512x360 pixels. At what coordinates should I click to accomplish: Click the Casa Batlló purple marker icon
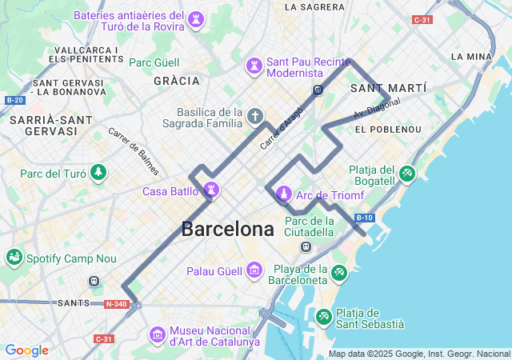(x=211, y=190)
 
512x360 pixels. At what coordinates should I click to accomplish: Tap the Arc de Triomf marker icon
(x=283, y=193)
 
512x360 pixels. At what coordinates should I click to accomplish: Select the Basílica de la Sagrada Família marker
(x=255, y=118)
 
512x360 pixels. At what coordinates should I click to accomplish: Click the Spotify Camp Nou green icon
(x=14, y=258)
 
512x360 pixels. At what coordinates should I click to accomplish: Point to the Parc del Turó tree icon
(x=98, y=173)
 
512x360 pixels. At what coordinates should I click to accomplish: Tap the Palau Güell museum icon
(x=254, y=271)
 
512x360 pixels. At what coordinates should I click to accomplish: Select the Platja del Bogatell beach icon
(x=406, y=173)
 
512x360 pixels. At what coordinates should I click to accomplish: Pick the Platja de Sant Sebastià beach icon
(x=324, y=318)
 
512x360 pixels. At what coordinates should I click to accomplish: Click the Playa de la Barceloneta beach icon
(x=340, y=274)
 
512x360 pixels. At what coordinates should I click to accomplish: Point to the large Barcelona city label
(x=227, y=229)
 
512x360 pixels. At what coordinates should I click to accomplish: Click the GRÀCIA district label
(x=176, y=81)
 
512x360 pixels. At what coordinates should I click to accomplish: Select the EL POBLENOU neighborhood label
(x=388, y=129)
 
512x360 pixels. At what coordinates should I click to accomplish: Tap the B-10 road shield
(x=364, y=218)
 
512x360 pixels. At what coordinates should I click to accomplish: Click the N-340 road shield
(x=115, y=304)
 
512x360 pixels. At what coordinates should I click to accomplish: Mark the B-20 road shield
(x=14, y=100)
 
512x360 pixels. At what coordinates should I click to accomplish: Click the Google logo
(x=26, y=350)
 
